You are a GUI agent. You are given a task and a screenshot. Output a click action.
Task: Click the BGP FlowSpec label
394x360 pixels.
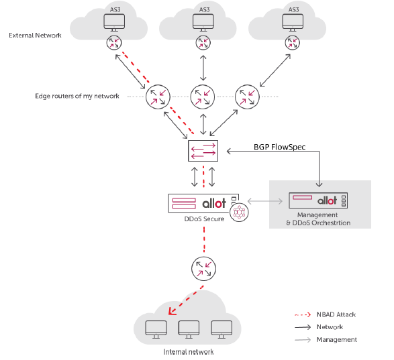pyautogui.click(x=279, y=147)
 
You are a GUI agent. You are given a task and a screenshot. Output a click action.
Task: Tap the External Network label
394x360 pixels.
pyautogui.click(x=35, y=36)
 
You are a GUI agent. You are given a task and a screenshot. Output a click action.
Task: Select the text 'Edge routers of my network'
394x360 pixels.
pyautogui.click(x=77, y=96)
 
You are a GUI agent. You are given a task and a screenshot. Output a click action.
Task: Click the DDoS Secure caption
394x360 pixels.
pyautogui.click(x=204, y=219)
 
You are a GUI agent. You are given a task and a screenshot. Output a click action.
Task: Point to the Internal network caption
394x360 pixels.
pyautogui.click(x=189, y=352)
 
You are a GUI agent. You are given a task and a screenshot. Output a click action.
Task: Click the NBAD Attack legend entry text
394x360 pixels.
pyautogui.click(x=336, y=314)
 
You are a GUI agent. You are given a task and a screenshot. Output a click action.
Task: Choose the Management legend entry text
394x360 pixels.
pyautogui.click(x=336, y=340)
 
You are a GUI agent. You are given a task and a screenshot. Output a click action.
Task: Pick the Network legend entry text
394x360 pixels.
pyautogui.click(x=330, y=327)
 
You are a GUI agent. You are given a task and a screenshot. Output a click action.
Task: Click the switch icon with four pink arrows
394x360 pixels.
pyautogui.click(x=203, y=151)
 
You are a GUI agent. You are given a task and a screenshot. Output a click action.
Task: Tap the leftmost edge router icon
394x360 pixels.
pyautogui.click(x=158, y=97)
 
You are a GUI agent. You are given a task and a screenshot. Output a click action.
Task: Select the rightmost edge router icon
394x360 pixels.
pyautogui.click(x=247, y=97)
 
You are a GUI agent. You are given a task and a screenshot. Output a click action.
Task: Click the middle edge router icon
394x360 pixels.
pyautogui.click(x=203, y=97)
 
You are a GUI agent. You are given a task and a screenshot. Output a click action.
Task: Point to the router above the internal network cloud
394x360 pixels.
pyautogui.click(x=203, y=269)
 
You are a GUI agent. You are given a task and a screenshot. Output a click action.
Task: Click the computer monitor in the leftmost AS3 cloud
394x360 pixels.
pyautogui.click(x=114, y=23)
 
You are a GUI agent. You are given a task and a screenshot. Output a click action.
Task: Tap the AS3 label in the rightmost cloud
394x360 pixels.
pyautogui.click(x=293, y=9)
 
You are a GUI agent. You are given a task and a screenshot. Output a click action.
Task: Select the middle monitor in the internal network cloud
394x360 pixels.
pyautogui.click(x=189, y=329)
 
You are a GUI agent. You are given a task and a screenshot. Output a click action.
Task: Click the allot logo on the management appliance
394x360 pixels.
pyautogui.click(x=327, y=200)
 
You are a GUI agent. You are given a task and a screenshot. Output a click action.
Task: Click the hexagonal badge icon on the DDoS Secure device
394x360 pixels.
pyautogui.click(x=239, y=213)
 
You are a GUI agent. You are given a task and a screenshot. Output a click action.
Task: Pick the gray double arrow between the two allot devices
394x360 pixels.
pyautogui.click(x=265, y=201)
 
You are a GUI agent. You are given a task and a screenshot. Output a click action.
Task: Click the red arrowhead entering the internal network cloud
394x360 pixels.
pyautogui.click(x=172, y=311)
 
